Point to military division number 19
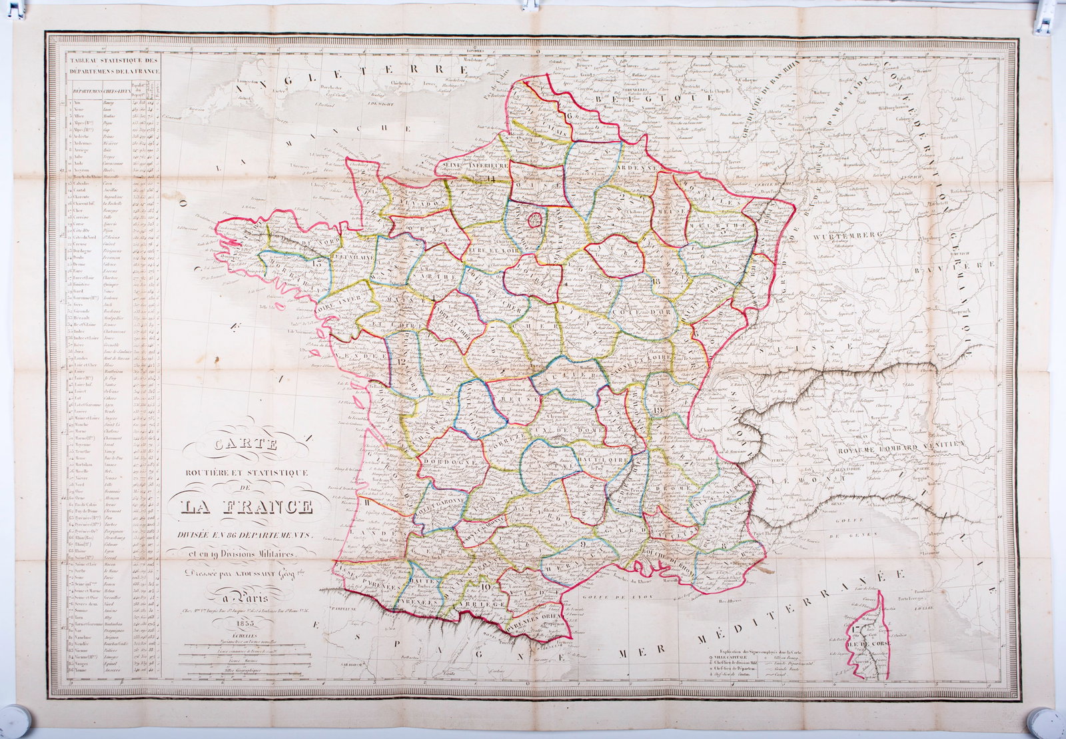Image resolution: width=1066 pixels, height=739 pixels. point(659,411)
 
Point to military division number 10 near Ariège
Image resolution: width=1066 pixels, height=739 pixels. point(484,587)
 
